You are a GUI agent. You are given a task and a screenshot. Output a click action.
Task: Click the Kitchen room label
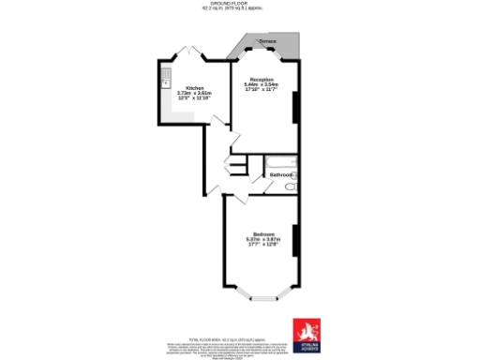[x=194, y=87]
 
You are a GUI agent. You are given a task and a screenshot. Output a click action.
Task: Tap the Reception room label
[x=262, y=79]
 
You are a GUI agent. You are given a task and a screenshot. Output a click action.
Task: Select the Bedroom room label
[x=263, y=232]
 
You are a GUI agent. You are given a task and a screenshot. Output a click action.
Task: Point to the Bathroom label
[x=281, y=175]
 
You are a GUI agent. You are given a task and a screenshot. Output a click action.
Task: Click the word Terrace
[x=267, y=43]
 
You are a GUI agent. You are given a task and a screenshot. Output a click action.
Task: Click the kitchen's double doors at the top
[x=193, y=52]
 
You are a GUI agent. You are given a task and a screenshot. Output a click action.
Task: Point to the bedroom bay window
[x=263, y=296]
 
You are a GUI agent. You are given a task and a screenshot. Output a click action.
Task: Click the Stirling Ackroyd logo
[x=307, y=334]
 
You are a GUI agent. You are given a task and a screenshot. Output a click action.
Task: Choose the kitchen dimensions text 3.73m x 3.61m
[x=195, y=94]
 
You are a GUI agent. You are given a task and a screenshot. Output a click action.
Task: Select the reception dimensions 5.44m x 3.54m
[x=262, y=85]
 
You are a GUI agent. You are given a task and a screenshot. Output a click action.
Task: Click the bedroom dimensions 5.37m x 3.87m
[x=263, y=239]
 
